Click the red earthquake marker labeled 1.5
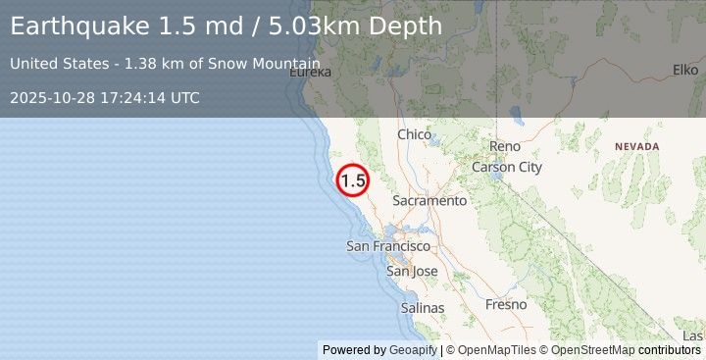(x=353, y=180)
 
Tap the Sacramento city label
(x=429, y=200)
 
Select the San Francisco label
(x=388, y=246)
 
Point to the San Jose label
(x=412, y=271)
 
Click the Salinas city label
(x=423, y=308)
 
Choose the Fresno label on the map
(x=506, y=305)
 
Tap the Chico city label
(x=415, y=134)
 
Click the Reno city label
(x=505, y=146)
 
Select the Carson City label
(x=507, y=167)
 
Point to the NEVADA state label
(x=637, y=146)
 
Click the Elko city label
(x=684, y=70)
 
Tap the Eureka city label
(x=310, y=72)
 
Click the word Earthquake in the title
(x=79, y=26)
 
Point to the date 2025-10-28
(x=51, y=98)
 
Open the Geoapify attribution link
(x=411, y=350)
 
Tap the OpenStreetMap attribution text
(x=598, y=350)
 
